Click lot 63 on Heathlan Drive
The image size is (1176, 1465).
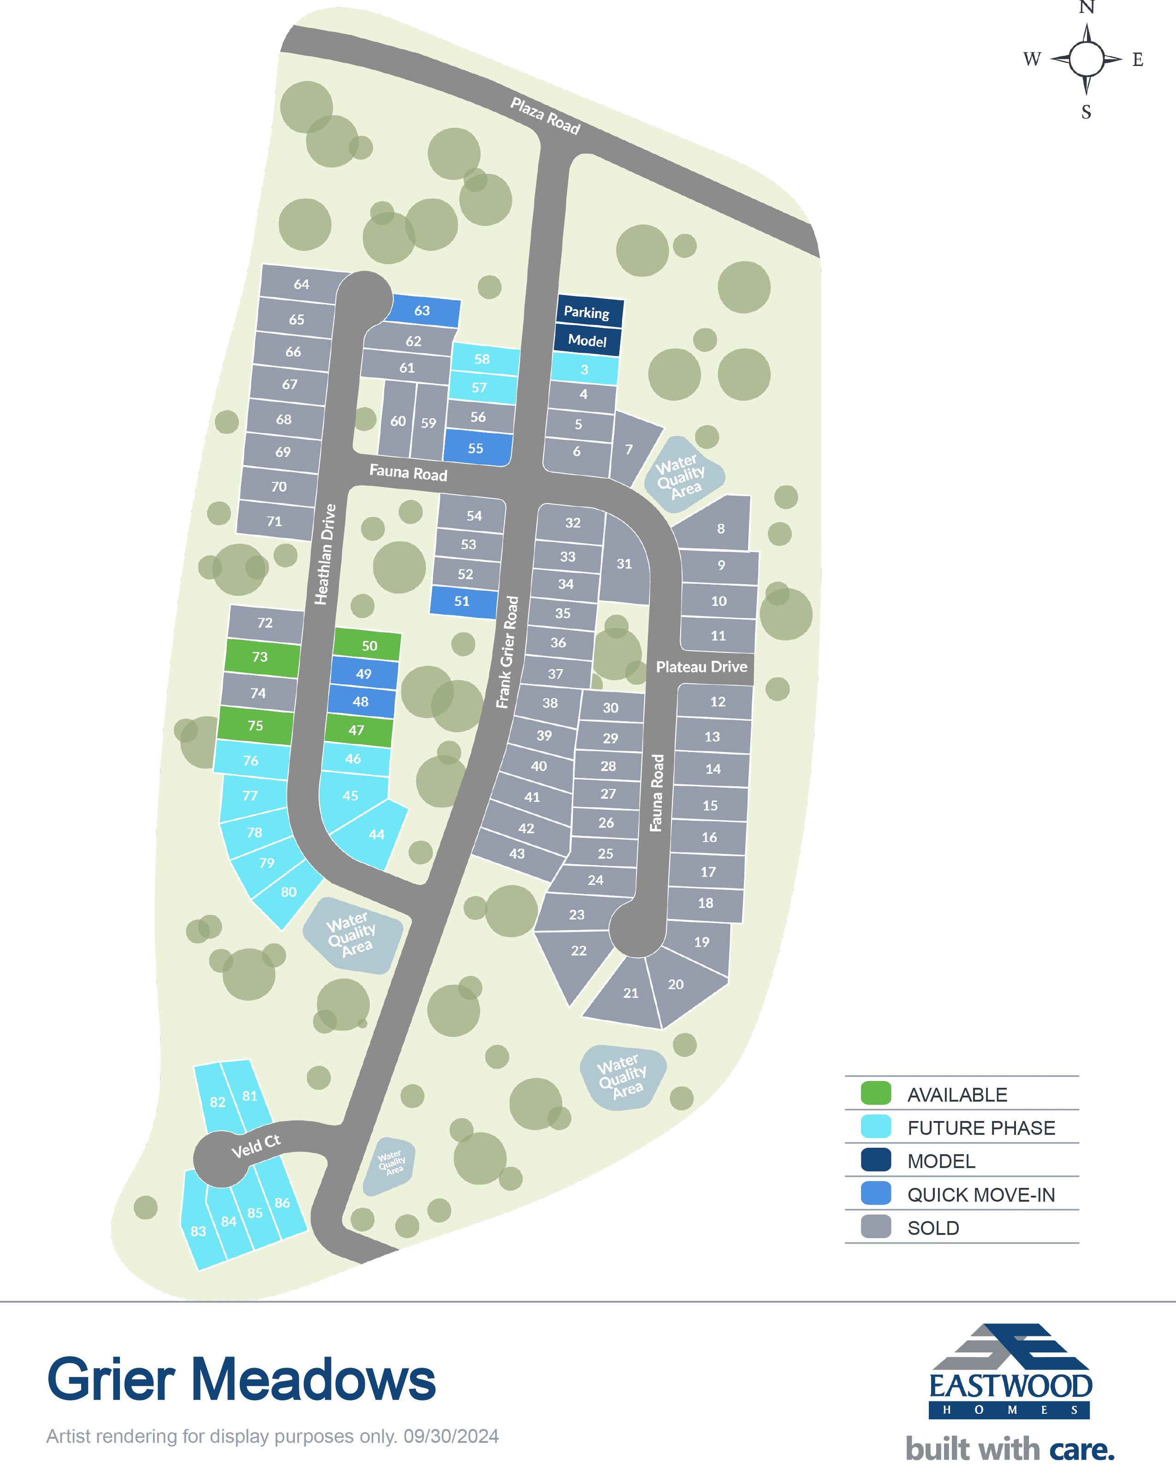(x=422, y=310)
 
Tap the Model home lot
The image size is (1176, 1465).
(x=587, y=340)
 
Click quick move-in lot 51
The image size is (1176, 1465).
(x=463, y=601)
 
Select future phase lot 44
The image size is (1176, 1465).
(x=376, y=835)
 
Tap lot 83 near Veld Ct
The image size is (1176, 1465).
(x=198, y=1231)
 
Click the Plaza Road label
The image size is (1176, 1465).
(x=545, y=116)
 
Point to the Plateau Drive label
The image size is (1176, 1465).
(x=701, y=667)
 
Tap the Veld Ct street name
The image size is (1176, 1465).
(x=255, y=1147)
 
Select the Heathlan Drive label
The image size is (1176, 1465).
(x=326, y=554)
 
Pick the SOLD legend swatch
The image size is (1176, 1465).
(x=876, y=1227)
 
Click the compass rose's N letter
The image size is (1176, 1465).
(x=1087, y=7)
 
